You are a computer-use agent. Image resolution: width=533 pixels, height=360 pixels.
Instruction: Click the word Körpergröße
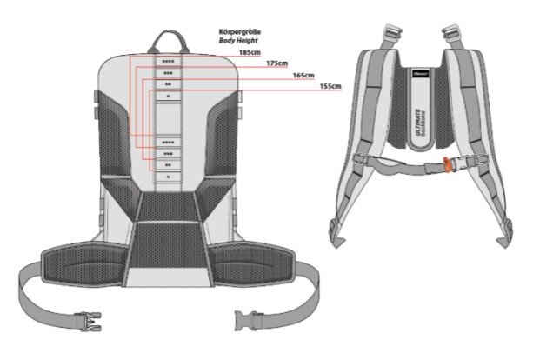[x=239, y=32]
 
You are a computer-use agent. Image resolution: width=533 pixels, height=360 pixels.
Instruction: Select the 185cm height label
[x=250, y=52]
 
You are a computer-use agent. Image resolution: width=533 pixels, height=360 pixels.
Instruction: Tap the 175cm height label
[x=277, y=63]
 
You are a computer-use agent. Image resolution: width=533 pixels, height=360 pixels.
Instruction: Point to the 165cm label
[x=304, y=75]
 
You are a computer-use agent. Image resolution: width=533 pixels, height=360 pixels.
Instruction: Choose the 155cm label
[x=330, y=86]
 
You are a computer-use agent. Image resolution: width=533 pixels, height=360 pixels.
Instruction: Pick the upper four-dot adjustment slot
[x=168, y=62]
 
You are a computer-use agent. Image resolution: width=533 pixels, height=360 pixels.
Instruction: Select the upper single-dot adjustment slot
[x=168, y=96]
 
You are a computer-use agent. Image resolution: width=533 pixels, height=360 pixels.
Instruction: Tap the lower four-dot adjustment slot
[x=168, y=142]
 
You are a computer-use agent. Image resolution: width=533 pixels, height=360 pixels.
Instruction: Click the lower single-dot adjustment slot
[x=168, y=176]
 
